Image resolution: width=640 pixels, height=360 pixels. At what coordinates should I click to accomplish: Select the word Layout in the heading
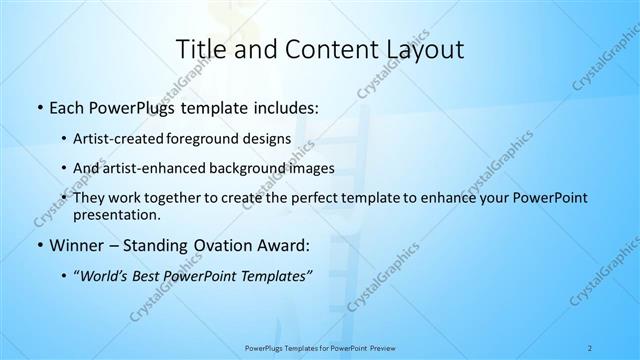point(420,49)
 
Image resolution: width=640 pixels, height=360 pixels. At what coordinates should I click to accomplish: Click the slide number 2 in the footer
point(590,348)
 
